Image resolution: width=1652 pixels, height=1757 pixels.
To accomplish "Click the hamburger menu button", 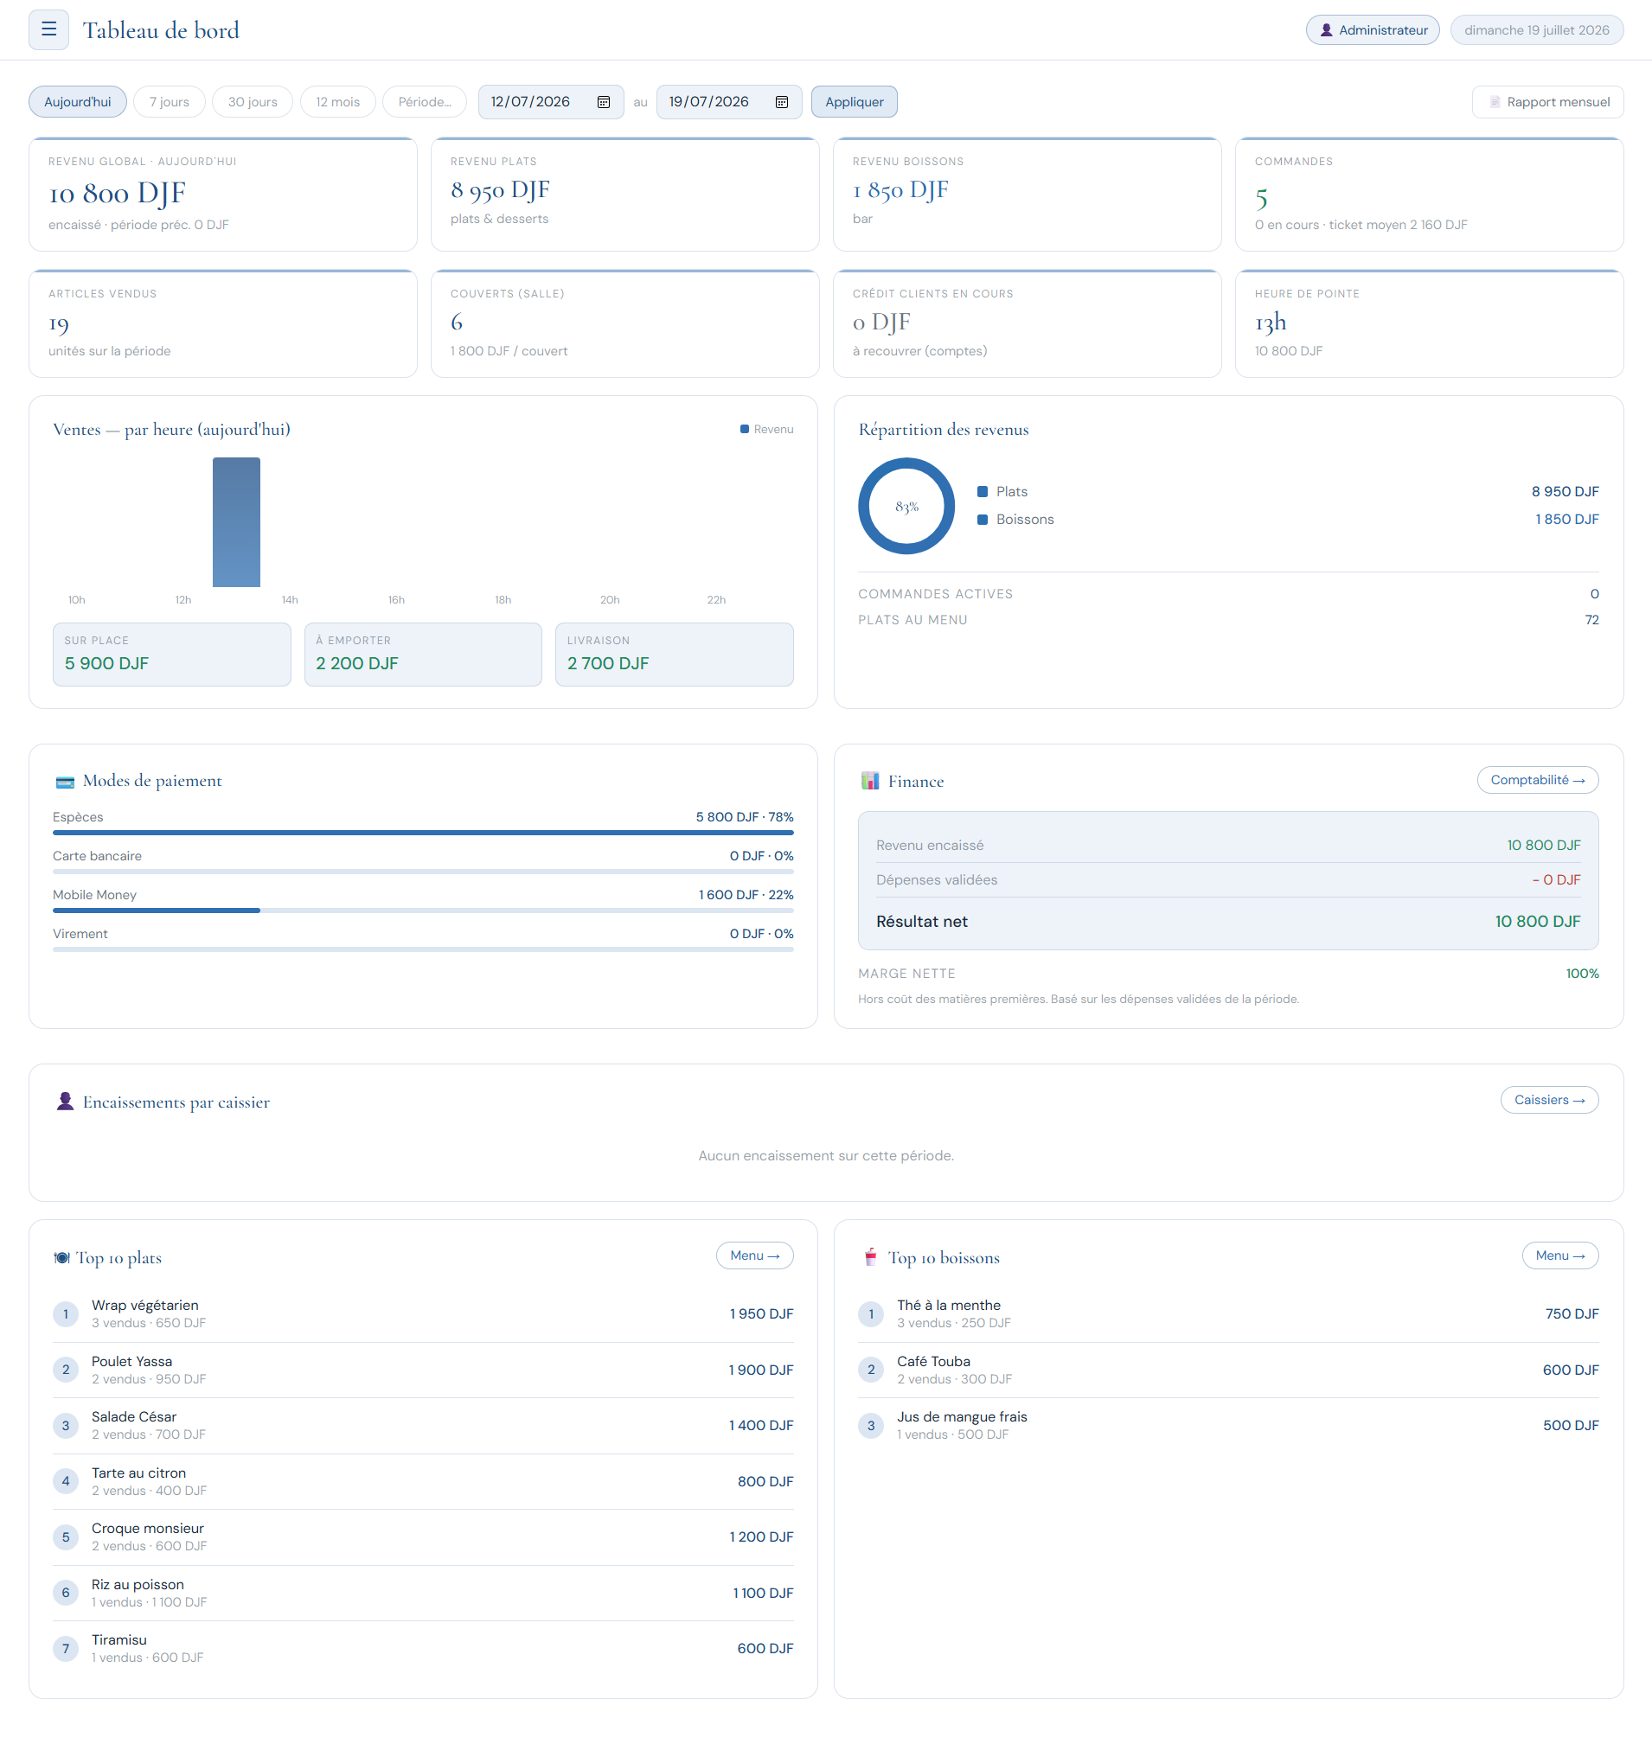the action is [48, 30].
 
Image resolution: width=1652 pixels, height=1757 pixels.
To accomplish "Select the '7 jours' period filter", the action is [169, 102].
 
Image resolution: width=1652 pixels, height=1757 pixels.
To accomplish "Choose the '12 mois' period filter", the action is [337, 102].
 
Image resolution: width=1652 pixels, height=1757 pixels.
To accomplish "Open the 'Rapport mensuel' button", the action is [1547, 102].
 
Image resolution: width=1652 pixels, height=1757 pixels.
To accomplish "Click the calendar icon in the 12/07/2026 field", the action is [604, 102].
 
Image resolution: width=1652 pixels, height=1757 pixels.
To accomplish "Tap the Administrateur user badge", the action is [1373, 30].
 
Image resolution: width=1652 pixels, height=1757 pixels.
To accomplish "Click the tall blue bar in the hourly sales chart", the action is [236, 521].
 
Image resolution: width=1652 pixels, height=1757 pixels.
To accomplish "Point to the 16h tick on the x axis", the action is [396, 599].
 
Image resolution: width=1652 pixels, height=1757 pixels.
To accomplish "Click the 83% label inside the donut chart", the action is [907, 507].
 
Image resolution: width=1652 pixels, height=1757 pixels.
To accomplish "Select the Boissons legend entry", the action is [1015, 519].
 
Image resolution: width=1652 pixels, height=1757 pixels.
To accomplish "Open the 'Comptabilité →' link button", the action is [1537, 780].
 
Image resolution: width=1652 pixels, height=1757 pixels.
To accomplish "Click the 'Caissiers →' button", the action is [1548, 1100].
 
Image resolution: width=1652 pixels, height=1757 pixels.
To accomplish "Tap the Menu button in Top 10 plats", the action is [754, 1255].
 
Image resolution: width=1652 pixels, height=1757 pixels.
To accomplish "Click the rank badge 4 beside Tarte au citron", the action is [66, 1480].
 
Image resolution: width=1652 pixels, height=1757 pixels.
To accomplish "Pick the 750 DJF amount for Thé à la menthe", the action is [1572, 1313].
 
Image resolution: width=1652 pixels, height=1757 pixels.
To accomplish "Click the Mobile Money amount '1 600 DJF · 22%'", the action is [745, 894].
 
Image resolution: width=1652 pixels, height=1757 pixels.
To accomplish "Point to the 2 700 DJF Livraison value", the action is [608, 663].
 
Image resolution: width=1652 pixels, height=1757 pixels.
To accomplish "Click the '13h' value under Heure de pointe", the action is [1271, 323].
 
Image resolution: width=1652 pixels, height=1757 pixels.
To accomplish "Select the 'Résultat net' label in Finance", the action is [921, 921].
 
